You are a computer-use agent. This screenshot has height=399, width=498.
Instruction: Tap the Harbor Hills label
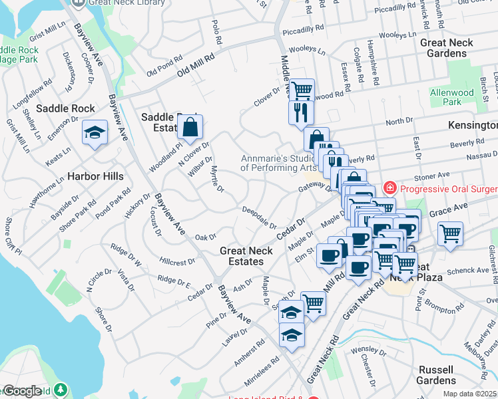[95, 177]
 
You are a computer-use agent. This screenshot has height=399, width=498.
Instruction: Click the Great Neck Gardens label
[447, 47]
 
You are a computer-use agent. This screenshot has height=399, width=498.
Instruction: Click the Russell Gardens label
[446, 375]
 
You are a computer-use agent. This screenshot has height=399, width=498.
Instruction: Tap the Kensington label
[475, 125]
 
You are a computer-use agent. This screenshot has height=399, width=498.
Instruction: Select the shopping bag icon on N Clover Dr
[190, 128]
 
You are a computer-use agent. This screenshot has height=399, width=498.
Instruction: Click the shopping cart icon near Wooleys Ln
[302, 90]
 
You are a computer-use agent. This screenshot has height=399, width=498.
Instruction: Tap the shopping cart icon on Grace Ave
[451, 234]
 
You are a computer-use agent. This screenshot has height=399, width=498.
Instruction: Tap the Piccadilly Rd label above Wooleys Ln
[303, 31]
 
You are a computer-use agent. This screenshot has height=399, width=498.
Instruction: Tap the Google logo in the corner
[23, 391]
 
